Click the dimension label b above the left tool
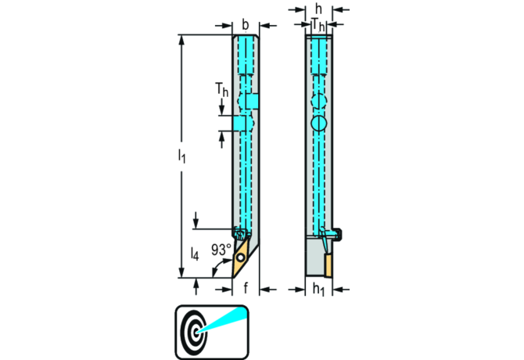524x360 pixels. tap(246, 24)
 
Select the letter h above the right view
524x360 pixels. tap(318, 9)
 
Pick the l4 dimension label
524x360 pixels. tap(195, 254)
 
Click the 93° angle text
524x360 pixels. tap(220, 250)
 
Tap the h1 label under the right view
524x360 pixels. tap(318, 288)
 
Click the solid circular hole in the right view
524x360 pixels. tap(318, 124)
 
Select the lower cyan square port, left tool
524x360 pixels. tap(239, 124)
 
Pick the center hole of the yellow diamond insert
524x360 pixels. tap(240, 256)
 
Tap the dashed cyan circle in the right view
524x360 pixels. tap(318, 102)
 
